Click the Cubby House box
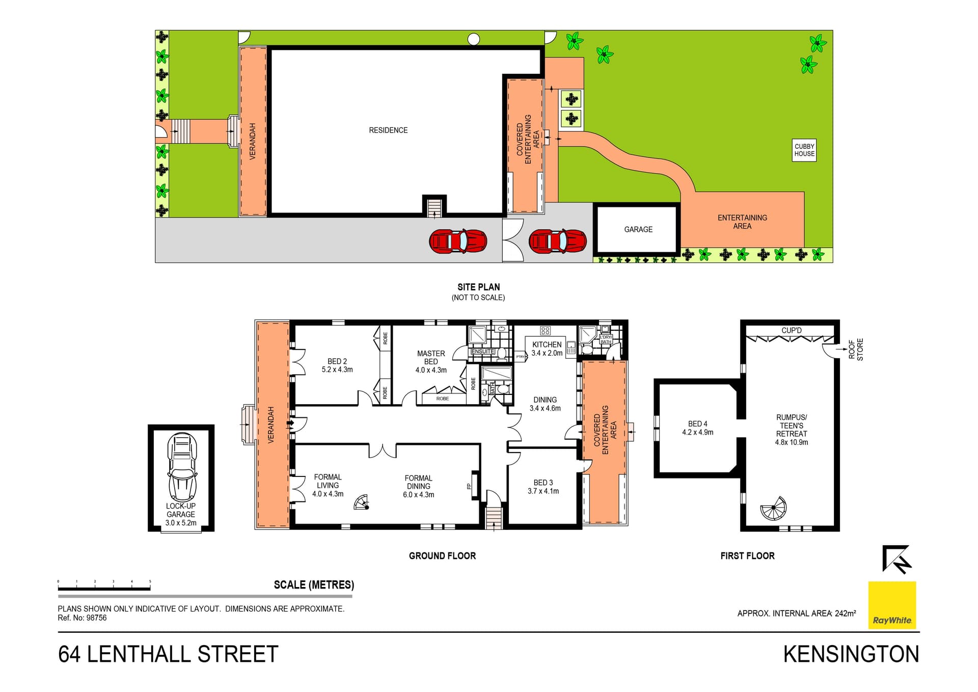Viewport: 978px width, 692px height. (x=804, y=150)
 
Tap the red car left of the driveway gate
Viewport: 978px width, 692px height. (x=458, y=241)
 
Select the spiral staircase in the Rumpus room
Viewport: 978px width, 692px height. (x=773, y=508)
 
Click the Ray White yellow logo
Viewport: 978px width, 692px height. (x=891, y=605)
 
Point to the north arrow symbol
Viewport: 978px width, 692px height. (x=896, y=559)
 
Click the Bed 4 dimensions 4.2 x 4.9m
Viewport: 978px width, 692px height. (x=697, y=432)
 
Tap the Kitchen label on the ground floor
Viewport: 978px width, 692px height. (x=547, y=344)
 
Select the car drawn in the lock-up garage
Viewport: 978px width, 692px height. (x=182, y=467)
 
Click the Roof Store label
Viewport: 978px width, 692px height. (x=856, y=350)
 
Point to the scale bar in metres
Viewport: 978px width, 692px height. (x=104, y=589)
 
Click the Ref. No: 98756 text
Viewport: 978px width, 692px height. (x=82, y=618)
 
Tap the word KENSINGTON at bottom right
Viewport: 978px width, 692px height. (x=851, y=654)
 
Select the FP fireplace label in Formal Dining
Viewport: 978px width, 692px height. (x=469, y=486)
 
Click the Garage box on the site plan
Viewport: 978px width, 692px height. (x=638, y=229)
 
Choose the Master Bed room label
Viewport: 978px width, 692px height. (x=430, y=357)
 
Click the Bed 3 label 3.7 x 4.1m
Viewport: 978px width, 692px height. (x=543, y=487)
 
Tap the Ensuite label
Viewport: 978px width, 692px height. (x=482, y=351)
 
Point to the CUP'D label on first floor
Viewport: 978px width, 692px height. (x=791, y=330)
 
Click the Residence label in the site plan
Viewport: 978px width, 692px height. (x=388, y=130)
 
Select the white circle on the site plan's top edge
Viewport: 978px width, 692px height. (x=473, y=39)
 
